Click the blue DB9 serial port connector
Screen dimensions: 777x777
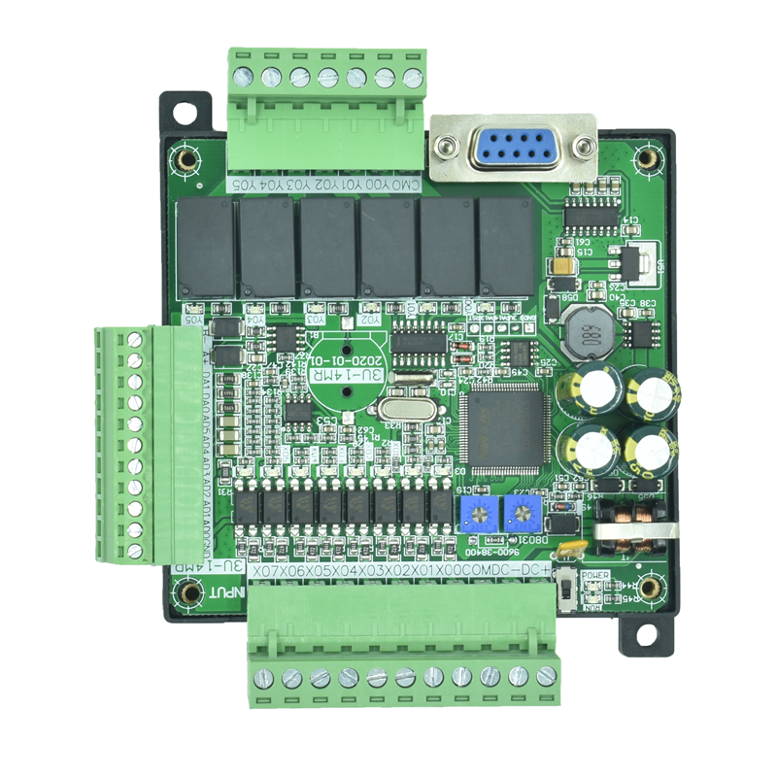point(513,148)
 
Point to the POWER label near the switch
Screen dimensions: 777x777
point(594,574)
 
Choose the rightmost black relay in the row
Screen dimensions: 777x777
point(506,247)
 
